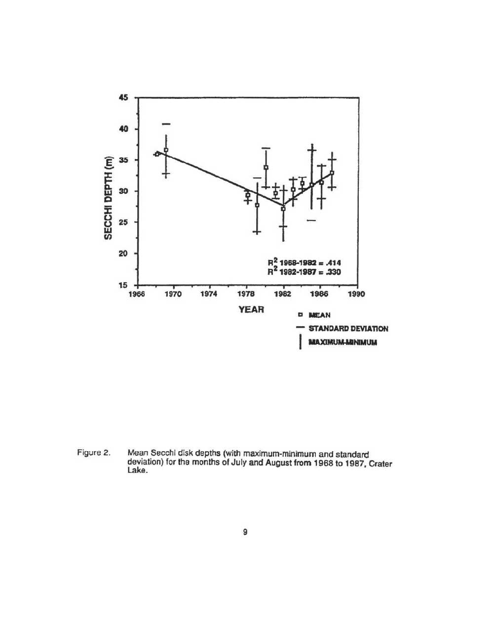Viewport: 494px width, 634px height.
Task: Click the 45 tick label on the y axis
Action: (124, 97)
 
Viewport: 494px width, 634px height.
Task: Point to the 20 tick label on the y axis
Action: (124, 254)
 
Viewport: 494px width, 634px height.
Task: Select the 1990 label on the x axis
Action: (356, 294)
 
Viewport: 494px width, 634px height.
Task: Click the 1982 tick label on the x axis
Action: (283, 294)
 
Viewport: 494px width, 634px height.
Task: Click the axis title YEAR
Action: (251, 310)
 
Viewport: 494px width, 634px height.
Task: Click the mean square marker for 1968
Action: (157, 154)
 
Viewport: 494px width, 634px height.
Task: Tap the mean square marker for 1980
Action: (266, 168)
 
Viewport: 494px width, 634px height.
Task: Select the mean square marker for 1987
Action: (332, 173)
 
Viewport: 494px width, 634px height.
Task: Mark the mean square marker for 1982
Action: (283, 209)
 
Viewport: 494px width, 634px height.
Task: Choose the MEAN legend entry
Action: (319, 315)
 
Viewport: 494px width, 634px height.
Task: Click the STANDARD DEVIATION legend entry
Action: (348, 328)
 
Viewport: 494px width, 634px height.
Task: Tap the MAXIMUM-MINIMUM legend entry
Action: (342, 341)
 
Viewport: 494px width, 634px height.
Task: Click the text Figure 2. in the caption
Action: (93, 453)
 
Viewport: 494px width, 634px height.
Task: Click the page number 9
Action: (245, 532)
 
